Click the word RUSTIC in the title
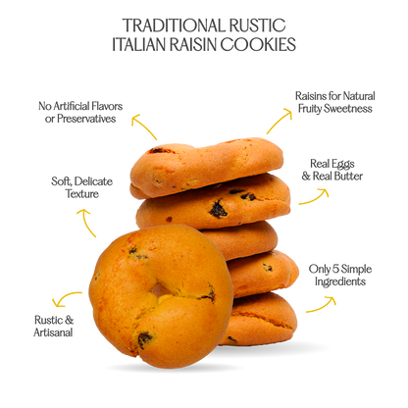click(x=257, y=25)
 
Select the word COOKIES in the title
click(x=258, y=44)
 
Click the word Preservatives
click(x=86, y=119)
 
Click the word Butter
click(x=346, y=176)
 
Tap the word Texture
click(x=82, y=193)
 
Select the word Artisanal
click(x=53, y=332)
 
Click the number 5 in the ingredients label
click(x=335, y=269)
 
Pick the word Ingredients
click(x=340, y=281)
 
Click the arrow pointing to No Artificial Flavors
click(x=143, y=126)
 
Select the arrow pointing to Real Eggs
click(x=315, y=197)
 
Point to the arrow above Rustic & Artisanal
click(x=67, y=297)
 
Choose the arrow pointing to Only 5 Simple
click(x=322, y=305)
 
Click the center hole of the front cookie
click(x=160, y=290)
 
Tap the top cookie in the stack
click(x=207, y=168)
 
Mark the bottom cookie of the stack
click(x=258, y=319)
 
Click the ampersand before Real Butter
click(x=306, y=177)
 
